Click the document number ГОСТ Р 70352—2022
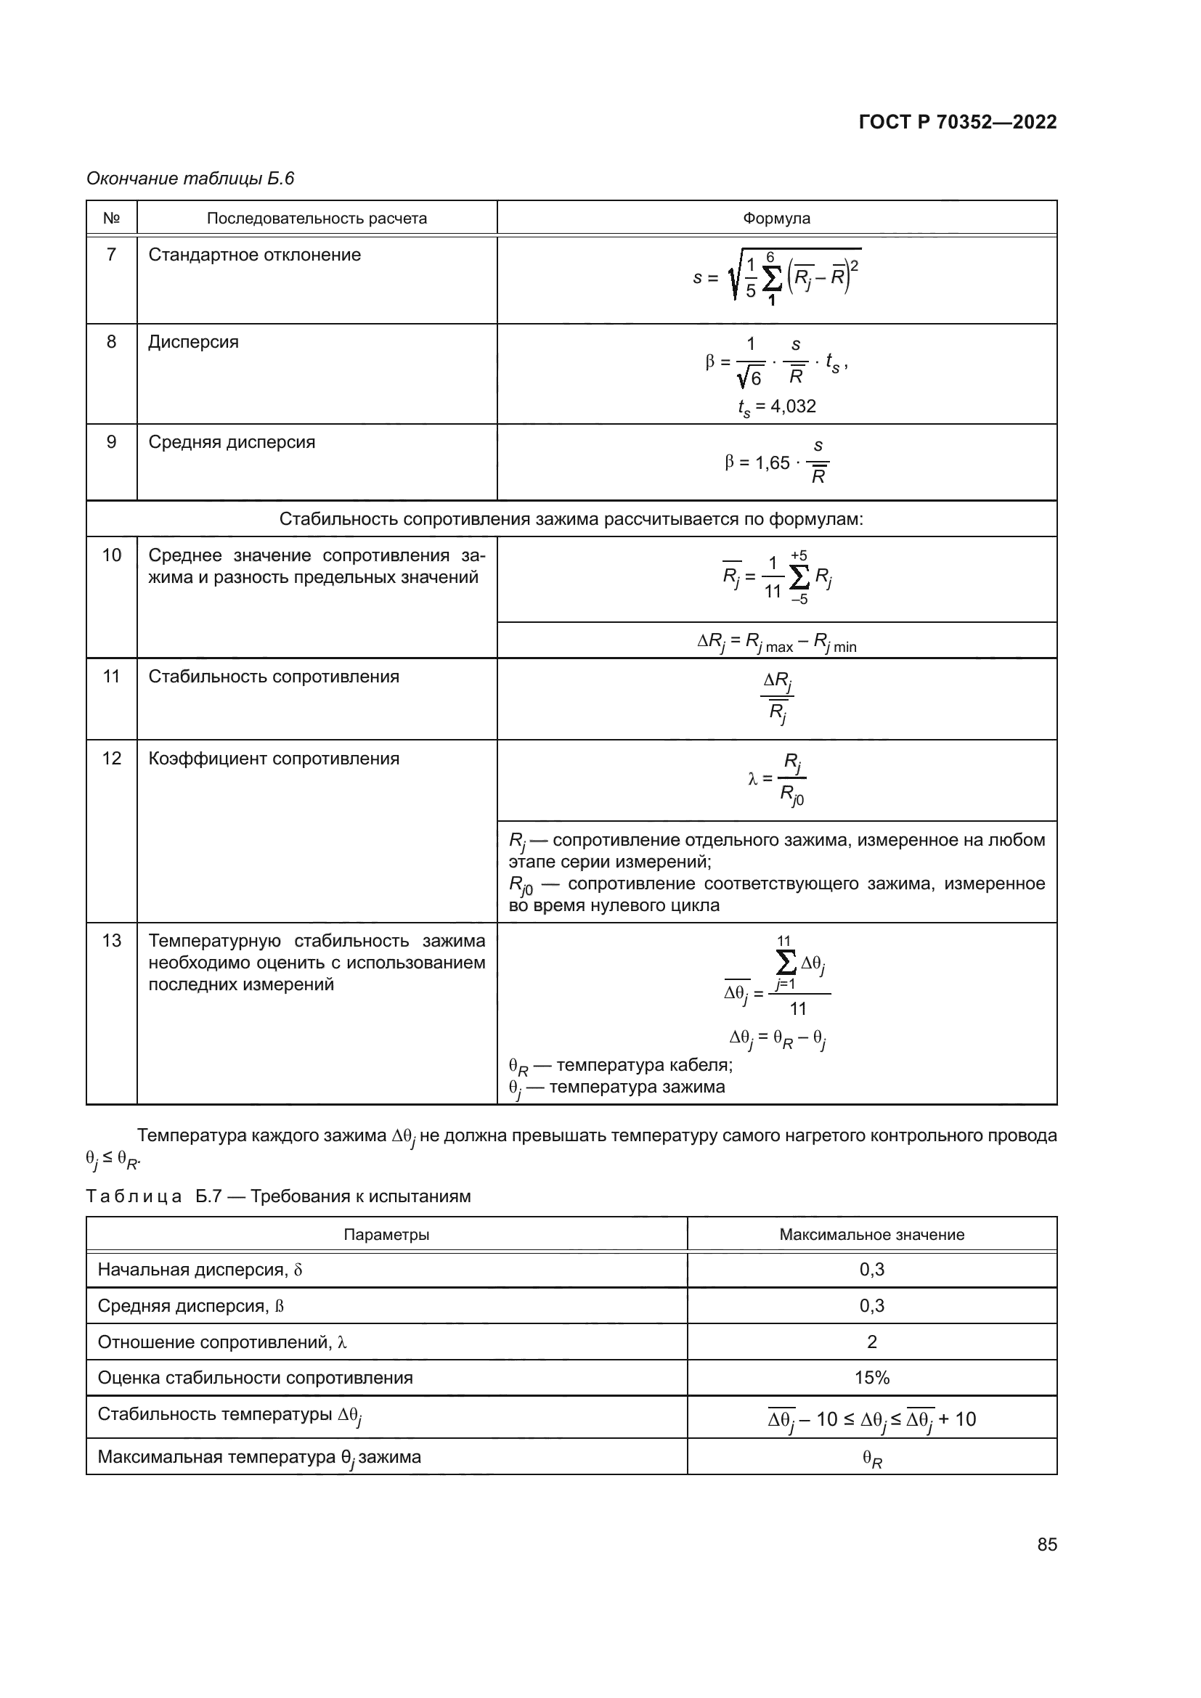tap(957, 122)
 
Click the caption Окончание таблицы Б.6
tap(190, 179)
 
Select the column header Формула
tap(775, 219)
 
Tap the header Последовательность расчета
tap(317, 219)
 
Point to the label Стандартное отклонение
tap(254, 255)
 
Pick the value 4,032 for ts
tap(793, 406)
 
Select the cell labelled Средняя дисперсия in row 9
tap(232, 442)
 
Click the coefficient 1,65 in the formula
tap(772, 463)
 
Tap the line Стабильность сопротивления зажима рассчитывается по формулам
tap(571, 519)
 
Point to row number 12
tap(111, 759)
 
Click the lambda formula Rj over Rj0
tap(776, 779)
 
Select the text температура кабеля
tap(643, 1065)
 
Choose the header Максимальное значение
tap(871, 1234)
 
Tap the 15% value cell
tap(871, 1378)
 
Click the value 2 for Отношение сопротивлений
tap(871, 1342)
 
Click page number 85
tap(1046, 1544)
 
